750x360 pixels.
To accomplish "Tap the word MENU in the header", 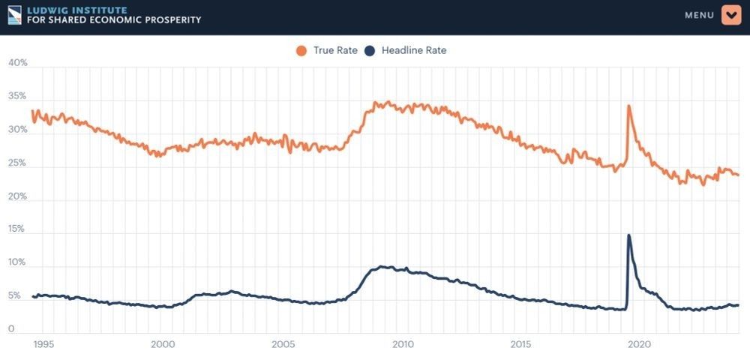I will click(699, 15).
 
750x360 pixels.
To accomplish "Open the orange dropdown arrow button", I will click(731, 15).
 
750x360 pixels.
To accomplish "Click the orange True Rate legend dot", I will click(301, 51).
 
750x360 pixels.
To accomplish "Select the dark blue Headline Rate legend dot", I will click(369, 51).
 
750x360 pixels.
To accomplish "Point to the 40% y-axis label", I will click(17, 63).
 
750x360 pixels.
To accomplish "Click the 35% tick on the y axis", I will click(17, 97).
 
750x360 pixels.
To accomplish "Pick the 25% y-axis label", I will click(17, 163).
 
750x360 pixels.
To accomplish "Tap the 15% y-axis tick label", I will click(17, 229).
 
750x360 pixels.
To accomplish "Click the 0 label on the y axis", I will click(11, 328).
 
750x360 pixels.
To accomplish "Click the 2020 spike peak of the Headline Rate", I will click(628, 235).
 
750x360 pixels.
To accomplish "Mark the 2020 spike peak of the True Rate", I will click(628, 106).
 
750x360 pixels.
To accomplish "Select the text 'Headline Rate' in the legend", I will click(414, 51).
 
